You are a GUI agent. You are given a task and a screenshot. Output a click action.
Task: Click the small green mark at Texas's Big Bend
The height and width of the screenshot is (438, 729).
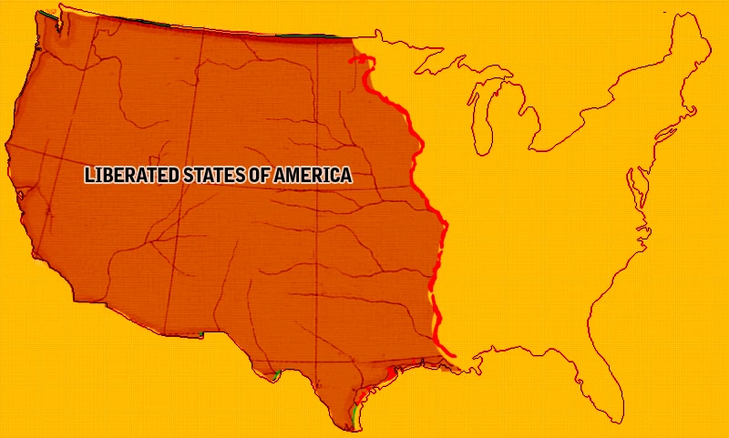pos(276,374)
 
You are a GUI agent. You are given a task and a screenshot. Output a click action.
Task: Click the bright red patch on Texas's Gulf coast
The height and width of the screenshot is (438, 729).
pos(393,372)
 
